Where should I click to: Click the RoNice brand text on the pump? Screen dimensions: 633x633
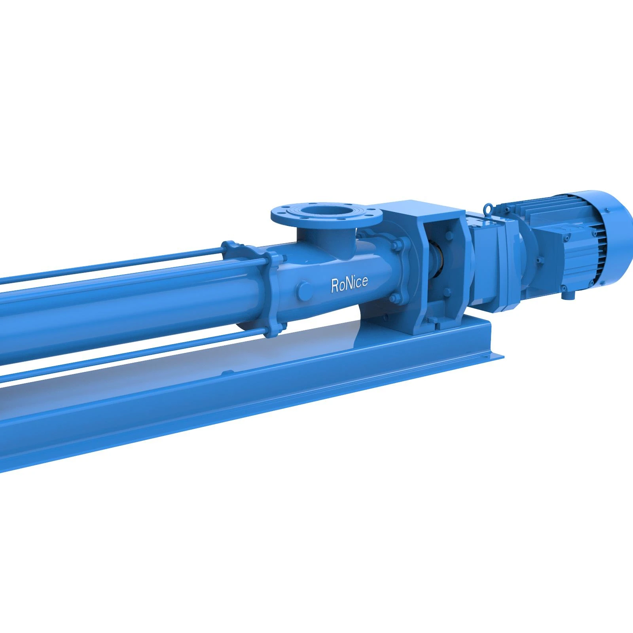(x=349, y=284)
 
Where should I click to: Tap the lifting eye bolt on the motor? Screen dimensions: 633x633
(x=488, y=207)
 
